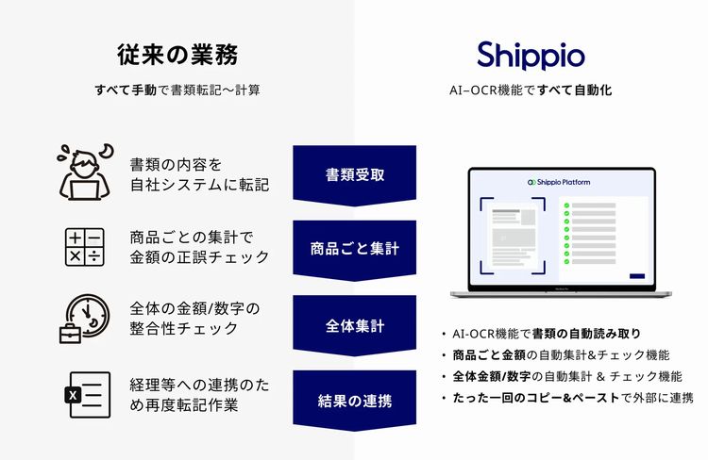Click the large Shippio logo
pyautogui.click(x=531, y=56)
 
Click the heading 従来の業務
pyautogui.click(x=177, y=55)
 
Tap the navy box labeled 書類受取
pyautogui.click(x=354, y=175)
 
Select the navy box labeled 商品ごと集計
pyautogui.click(x=354, y=251)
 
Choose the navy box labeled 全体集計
pyautogui.click(x=354, y=325)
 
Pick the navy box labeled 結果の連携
pyautogui.click(x=354, y=401)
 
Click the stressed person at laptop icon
pyautogui.click(x=85, y=172)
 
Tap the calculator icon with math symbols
pyautogui.click(x=85, y=247)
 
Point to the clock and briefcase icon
pyautogui.click(x=84, y=319)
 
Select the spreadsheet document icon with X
pyautogui.click(x=88, y=395)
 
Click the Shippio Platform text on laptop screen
pyautogui.click(x=559, y=182)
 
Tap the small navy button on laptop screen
pyautogui.click(x=637, y=276)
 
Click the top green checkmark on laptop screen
pyautogui.click(x=566, y=205)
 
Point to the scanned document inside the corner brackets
pyautogui.click(x=513, y=236)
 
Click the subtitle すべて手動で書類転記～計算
pyautogui.click(x=177, y=90)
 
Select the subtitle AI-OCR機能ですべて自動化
pyautogui.click(x=531, y=90)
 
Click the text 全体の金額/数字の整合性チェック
pyautogui.click(x=195, y=319)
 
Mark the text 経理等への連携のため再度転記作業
pyautogui.click(x=199, y=395)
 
